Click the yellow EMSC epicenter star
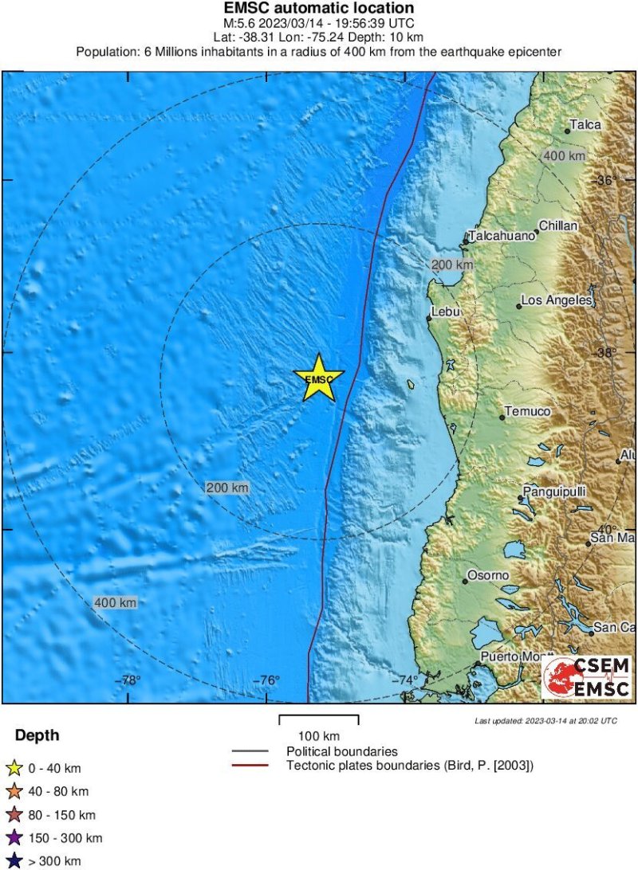319,378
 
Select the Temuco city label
526,411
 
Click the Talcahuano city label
502,236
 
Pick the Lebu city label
446,312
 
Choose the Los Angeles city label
557,300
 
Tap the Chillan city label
558,226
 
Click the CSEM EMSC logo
587,677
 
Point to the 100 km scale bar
319,720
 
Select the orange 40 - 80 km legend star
14,792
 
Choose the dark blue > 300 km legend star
14,861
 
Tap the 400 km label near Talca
564,156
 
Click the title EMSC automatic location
319,9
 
